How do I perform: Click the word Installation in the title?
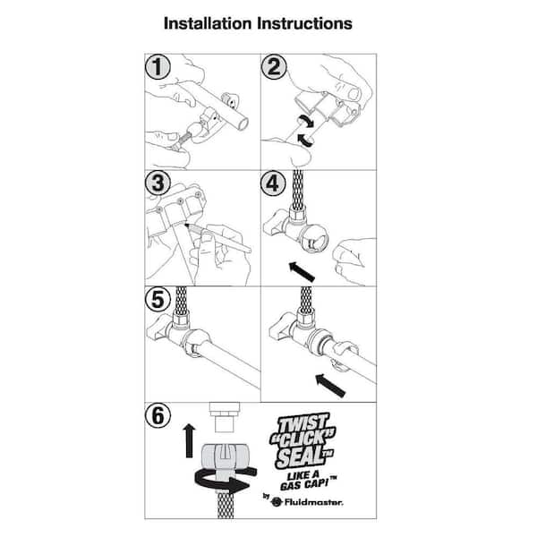(208, 23)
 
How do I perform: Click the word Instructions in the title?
(304, 23)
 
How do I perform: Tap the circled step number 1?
(158, 67)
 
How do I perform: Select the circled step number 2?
(274, 67)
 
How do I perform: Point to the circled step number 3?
(158, 183)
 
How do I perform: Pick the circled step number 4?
(273, 183)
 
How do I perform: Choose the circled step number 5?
(158, 299)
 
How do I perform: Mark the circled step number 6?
(158, 416)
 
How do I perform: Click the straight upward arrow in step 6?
(189, 440)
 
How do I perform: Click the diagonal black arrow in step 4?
(302, 272)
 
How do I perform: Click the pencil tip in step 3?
(186, 225)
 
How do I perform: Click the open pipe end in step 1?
(243, 124)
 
